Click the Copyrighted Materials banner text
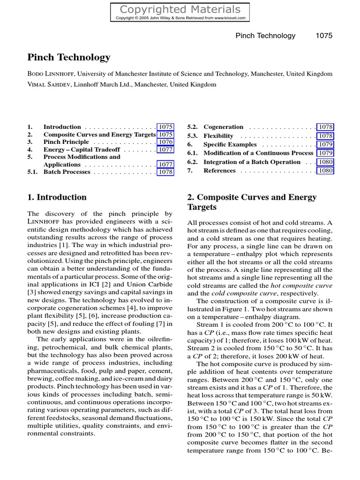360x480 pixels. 180,9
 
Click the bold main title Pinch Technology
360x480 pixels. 69,58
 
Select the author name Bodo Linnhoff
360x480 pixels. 51,74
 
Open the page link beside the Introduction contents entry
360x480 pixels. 165,127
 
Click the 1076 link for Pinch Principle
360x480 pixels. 165,142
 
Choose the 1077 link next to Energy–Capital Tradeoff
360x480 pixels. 165,150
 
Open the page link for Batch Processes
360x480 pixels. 165,172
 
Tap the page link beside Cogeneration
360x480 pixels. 325,127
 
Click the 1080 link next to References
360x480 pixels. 325,171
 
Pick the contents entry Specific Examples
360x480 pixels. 230,144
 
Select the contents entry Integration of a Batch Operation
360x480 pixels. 252,162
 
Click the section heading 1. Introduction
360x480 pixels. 57,197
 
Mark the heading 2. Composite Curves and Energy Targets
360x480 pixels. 252,202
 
